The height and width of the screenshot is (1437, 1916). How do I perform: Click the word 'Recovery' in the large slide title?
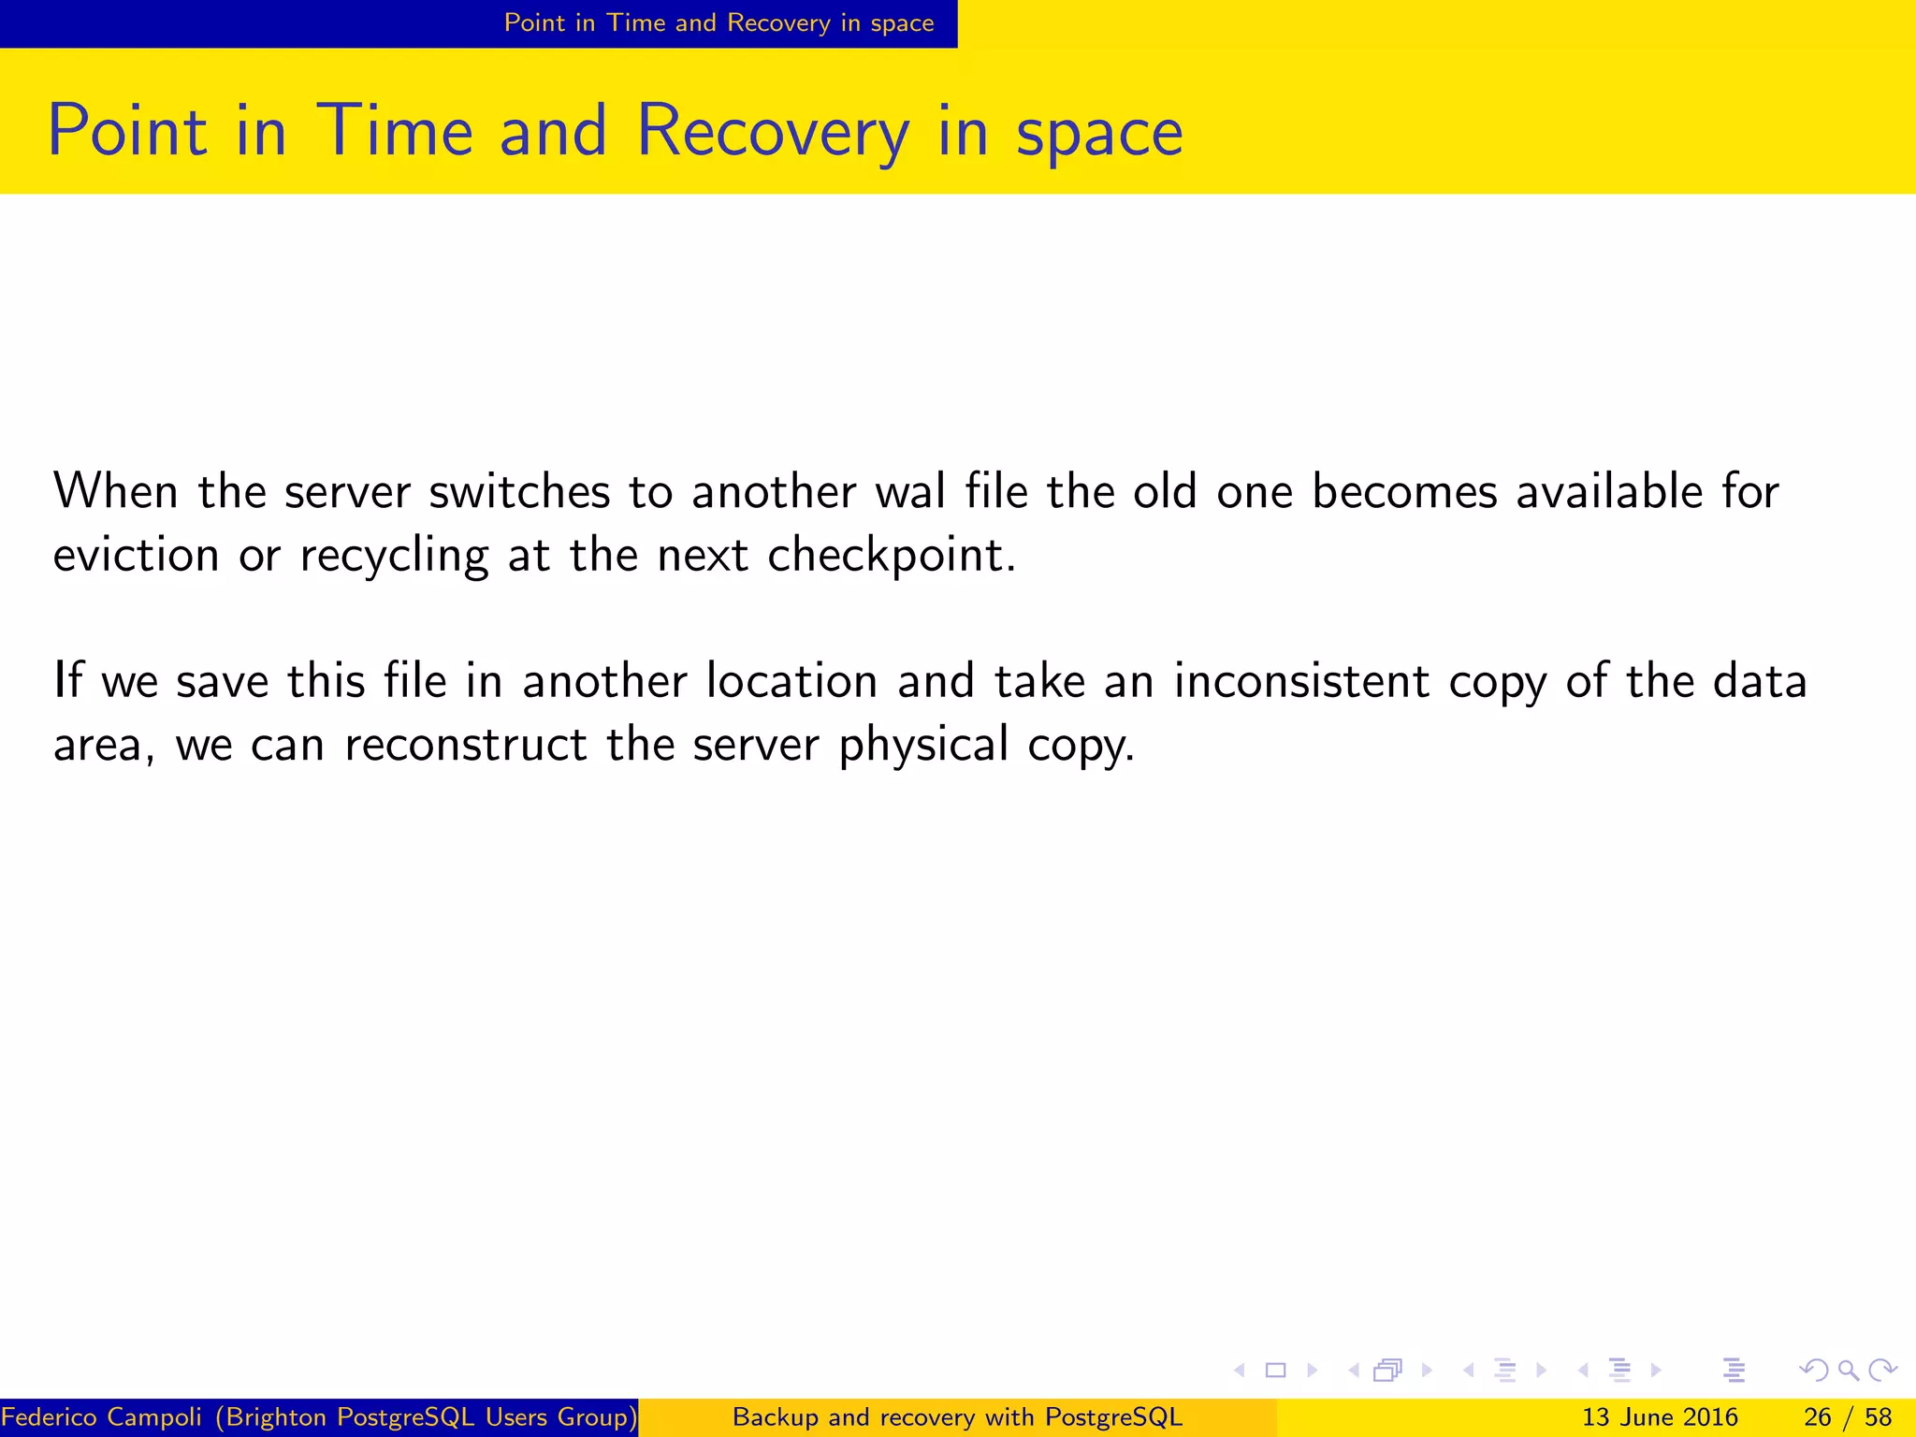[772, 132]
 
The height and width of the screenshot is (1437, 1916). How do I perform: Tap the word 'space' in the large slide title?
[1099, 132]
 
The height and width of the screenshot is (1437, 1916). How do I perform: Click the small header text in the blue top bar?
[718, 22]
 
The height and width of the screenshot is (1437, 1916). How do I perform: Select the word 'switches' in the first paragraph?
[519, 492]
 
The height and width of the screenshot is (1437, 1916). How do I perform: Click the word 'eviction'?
[136, 555]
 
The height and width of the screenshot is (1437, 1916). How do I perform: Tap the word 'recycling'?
[394, 557]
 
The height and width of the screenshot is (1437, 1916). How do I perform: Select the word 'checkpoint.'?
[892, 557]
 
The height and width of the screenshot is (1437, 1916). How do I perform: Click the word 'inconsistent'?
[1301, 681]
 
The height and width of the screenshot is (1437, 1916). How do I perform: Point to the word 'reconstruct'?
[465, 745]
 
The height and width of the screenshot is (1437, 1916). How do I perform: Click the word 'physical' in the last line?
[923, 747]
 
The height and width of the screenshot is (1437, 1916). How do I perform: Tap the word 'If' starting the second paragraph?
[67, 680]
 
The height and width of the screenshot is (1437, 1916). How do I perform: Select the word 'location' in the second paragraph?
[791, 681]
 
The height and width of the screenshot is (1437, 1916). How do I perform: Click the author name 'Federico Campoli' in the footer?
[101, 1417]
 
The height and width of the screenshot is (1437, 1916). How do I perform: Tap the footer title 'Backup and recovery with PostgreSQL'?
[957, 1417]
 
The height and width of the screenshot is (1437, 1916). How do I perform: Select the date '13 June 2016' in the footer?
[1660, 1417]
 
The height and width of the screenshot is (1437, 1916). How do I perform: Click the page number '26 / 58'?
[1847, 1417]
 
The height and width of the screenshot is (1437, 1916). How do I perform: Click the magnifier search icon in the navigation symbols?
[1848, 1371]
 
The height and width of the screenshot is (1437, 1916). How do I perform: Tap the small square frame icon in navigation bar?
[1275, 1371]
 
